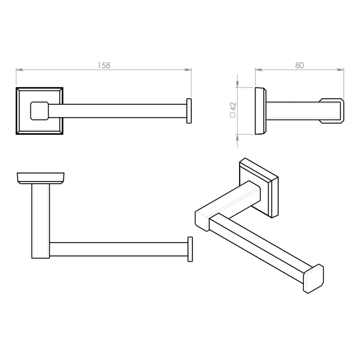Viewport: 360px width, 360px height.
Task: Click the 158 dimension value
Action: pos(104,65)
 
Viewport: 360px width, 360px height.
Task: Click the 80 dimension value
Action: pos(299,65)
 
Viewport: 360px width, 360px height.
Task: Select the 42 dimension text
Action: pos(233,106)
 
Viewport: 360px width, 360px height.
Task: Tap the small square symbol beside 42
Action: pos(233,115)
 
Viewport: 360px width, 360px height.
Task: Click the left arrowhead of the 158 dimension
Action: pos(20,69)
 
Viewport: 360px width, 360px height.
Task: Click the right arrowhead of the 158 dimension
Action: pos(188,69)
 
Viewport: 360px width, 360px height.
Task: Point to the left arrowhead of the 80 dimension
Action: pos(259,69)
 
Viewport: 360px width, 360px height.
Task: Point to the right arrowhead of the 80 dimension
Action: pos(340,69)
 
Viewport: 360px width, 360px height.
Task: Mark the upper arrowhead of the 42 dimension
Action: pos(238,84)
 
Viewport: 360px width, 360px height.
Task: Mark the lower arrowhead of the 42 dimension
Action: pos(238,138)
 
